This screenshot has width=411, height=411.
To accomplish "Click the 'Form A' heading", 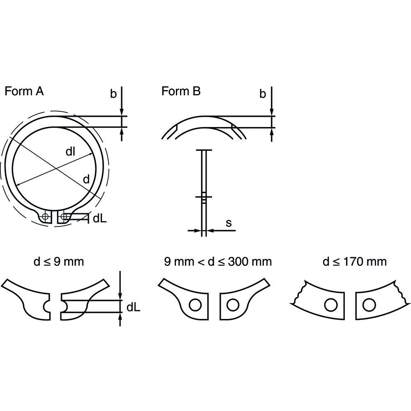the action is (24, 91).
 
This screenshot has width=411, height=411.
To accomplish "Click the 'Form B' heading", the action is (181, 91).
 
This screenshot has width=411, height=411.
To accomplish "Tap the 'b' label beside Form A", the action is (113, 94).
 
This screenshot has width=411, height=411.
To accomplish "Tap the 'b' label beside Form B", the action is (263, 94).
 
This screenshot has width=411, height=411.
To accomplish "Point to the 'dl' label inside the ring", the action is (70, 152).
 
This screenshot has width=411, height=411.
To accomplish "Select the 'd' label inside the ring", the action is (86, 180).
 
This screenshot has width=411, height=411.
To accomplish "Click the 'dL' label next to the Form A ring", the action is (100, 218).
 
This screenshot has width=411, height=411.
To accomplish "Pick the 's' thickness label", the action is (229, 223).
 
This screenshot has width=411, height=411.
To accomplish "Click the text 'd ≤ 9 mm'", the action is (59, 261).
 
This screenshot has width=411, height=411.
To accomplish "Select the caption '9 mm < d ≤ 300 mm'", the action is (218, 261).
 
